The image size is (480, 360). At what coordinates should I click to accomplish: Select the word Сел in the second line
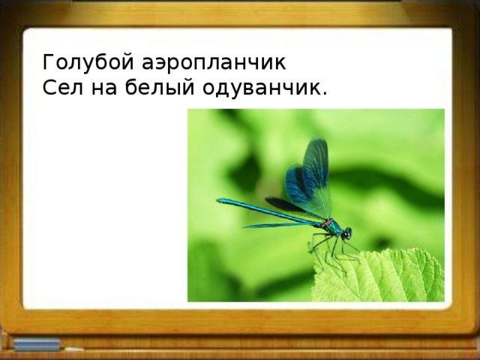click(x=58, y=88)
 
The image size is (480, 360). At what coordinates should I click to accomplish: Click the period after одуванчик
click(x=324, y=94)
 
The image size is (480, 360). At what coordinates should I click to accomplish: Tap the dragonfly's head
click(x=346, y=233)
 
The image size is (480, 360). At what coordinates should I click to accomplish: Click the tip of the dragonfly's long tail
click(x=220, y=200)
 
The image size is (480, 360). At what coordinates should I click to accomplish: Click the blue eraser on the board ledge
click(x=34, y=344)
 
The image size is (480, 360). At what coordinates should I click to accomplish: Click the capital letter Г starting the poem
click(x=48, y=61)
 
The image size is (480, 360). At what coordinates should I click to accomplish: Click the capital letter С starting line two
click(x=49, y=88)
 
